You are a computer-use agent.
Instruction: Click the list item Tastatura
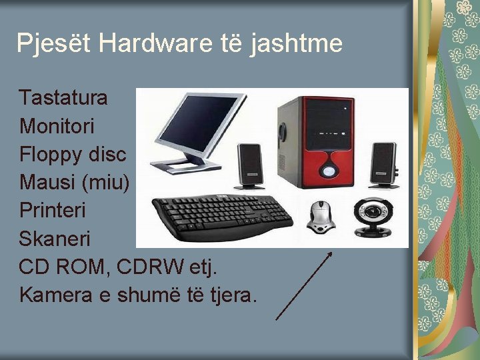click(x=63, y=98)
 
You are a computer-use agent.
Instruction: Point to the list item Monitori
click(x=57, y=126)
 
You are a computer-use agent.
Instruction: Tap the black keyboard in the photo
click(x=223, y=215)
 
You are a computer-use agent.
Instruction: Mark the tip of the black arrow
click(x=331, y=252)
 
